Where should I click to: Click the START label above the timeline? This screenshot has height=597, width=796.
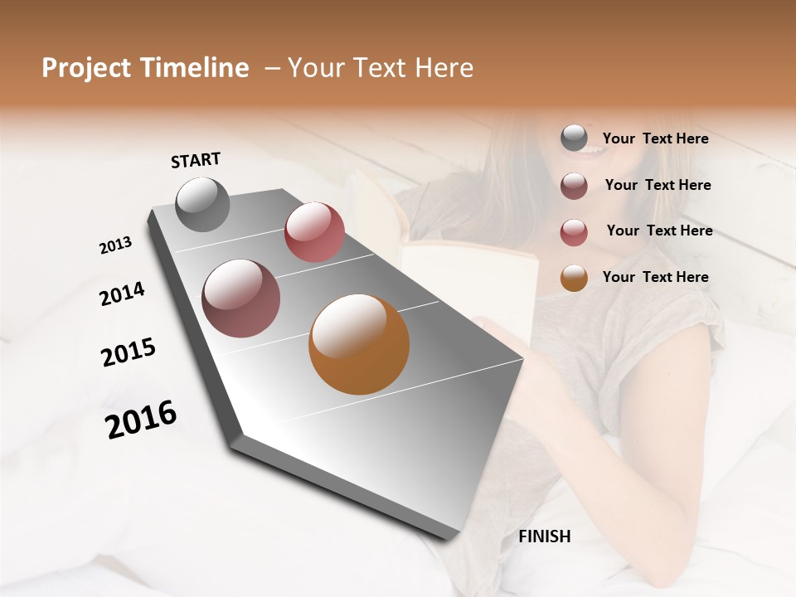point(196,160)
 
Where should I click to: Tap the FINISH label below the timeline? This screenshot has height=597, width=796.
point(545,536)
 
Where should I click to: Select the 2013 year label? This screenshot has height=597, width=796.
point(116,245)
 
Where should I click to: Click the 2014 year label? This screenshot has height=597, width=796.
point(123,294)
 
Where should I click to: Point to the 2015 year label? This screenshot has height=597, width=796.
point(129,352)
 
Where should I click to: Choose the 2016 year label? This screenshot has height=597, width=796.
point(141,419)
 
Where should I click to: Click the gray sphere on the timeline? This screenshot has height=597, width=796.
point(202,204)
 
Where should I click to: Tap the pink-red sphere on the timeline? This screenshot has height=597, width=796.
point(314,232)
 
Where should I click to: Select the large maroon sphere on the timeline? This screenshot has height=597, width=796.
point(241,298)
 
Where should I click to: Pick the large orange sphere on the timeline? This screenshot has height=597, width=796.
point(359,344)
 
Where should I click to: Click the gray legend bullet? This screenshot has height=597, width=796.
point(574,138)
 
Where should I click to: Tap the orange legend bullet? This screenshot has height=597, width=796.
point(574,278)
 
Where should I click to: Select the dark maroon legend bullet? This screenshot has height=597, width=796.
point(574,186)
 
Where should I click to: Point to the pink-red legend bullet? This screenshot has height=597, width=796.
point(574,232)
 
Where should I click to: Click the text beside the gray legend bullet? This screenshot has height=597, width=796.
point(655,139)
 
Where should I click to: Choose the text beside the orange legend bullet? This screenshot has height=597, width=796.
point(655,277)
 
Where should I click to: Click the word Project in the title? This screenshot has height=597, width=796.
point(86,68)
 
